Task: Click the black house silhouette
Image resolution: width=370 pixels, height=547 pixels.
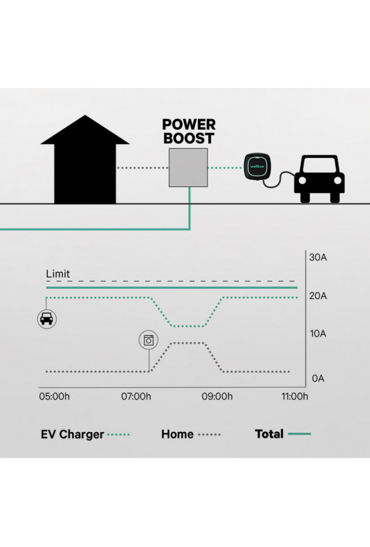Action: [x=85, y=164]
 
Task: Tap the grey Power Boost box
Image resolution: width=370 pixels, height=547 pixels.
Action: [x=188, y=168]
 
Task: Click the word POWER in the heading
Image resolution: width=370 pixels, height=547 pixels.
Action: [x=189, y=125]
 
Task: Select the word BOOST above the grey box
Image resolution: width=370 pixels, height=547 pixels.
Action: [x=189, y=138]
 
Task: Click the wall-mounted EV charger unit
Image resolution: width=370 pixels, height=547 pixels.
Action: [x=257, y=166]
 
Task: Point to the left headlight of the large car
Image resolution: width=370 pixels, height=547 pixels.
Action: [x=302, y=180]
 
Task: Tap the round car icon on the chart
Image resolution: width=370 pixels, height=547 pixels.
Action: [x=47, y=319]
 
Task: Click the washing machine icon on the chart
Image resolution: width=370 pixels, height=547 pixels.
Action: [x=149, y=340]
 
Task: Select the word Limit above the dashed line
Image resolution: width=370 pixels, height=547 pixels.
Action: [x=58, y=274]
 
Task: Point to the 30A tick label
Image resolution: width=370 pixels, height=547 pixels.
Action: [x=317, y=258]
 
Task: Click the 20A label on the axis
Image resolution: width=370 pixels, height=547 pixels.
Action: [x=317, y=296]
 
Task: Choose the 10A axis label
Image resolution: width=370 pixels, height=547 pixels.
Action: [x=318, y=334]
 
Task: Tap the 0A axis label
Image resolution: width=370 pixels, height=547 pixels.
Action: [x=318, y=379]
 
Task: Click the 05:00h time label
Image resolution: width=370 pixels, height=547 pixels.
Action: [x=55, y=396]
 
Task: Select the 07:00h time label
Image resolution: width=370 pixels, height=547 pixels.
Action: [x=136, y=396]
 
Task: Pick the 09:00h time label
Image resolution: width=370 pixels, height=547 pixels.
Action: [x=217, y=396]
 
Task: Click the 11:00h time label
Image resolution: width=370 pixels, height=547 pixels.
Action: [x=295, y=396]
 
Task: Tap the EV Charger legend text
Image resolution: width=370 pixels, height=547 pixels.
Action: [x=73, y=434]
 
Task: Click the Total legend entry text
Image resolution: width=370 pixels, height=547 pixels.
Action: [x=269, y=434]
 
